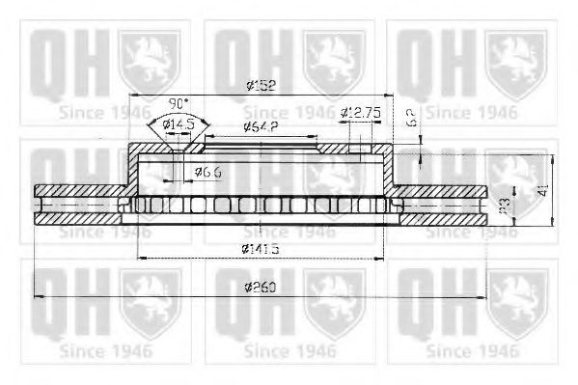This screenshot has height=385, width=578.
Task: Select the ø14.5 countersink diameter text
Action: (178, 124)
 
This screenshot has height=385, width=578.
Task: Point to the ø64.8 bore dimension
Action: (261, 127)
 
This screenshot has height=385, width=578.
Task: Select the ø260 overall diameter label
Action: (261, 289)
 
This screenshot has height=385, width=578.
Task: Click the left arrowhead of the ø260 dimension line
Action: (39, 295)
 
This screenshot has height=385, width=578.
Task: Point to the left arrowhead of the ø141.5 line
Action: (142, 259)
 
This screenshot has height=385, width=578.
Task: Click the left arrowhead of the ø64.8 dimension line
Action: (206, 136)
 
